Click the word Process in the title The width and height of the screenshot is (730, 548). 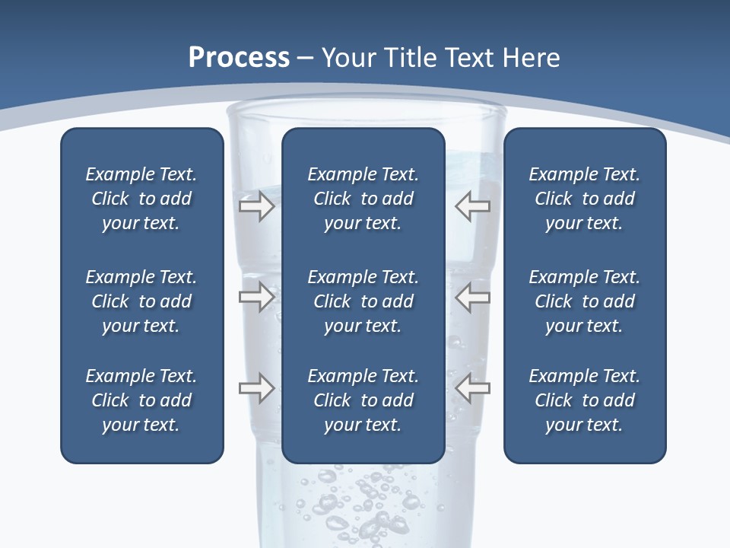(239, 58)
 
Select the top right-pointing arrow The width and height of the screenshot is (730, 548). (256, 206)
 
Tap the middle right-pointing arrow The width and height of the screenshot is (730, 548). (256, 297)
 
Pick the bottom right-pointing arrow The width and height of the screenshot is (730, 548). (256, 388)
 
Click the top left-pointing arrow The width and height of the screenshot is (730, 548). (472, 206)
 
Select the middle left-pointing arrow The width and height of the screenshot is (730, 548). (472, 297)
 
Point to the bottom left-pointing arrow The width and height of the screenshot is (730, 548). (472, 388)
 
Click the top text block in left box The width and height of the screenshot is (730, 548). (141, 199)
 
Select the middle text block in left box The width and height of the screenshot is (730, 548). (141, 301)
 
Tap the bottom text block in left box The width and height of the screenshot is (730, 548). (141, 400)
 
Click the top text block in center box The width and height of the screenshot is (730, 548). (363, 199)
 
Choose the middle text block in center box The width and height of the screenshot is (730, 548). (363, 301)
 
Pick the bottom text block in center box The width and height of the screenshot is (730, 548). (363, 400)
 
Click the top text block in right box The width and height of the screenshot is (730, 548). (584, 199)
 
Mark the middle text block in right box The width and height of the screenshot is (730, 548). (584, 301)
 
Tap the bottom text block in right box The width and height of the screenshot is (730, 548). (584, 400)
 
